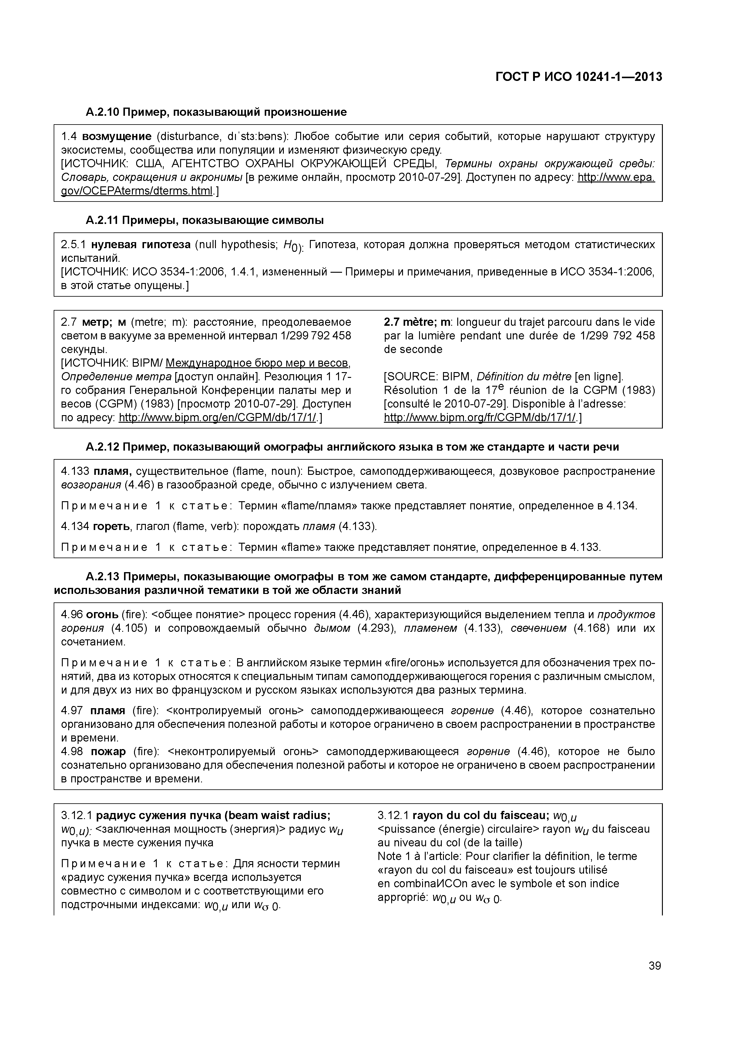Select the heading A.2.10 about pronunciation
pyautogui.click(x=217, y=112)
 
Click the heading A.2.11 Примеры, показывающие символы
pyautogui.click(x=204, y=220)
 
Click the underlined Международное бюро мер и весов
pyautogui.click(x=257, y=362)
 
